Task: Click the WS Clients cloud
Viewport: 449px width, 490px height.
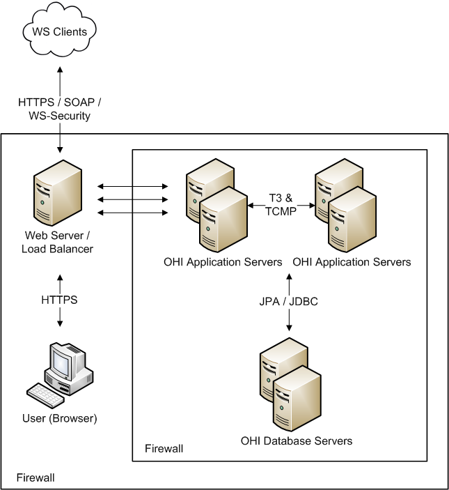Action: click(x=59, y=31)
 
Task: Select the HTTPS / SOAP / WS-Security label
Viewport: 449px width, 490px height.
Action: click(x=59, y=109)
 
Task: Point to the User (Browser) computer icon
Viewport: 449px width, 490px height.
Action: click(x=68, y=366)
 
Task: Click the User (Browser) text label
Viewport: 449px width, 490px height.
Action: click(x=59, y=419)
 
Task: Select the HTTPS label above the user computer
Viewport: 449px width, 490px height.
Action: click(x=59, y=300)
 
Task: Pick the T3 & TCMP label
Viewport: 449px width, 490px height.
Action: click(x=281, y=204)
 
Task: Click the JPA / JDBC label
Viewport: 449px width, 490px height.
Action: click(x=289, y=301)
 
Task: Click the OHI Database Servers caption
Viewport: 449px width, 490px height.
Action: click(x=297, y=441)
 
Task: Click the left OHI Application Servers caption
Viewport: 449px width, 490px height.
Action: click(x=223, y=262)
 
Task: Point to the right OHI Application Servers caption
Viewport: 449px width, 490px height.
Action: click(x=352, y=262)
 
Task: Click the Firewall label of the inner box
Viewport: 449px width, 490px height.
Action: click(x=164, y=448)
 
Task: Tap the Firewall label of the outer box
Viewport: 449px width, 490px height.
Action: click(x=36, y=477)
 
